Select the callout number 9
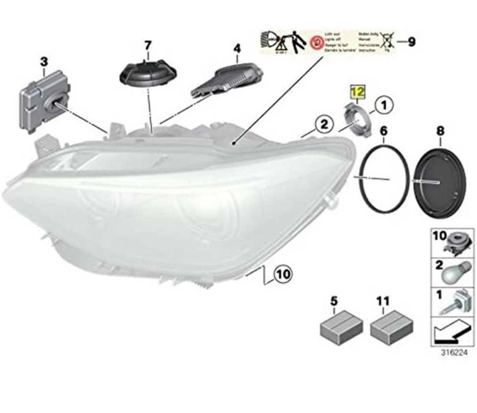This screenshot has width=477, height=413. point(412,41)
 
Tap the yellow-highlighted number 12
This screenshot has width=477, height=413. point(357,92)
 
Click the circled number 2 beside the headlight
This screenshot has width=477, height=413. point(322,124)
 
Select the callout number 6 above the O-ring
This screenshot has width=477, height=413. point(383,130)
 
